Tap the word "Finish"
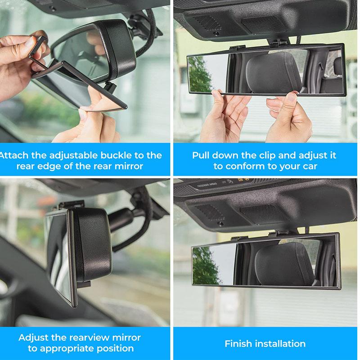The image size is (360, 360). point(239,344)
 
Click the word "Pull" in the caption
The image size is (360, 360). point(202,155)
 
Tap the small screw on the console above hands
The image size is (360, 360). point(216,33)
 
